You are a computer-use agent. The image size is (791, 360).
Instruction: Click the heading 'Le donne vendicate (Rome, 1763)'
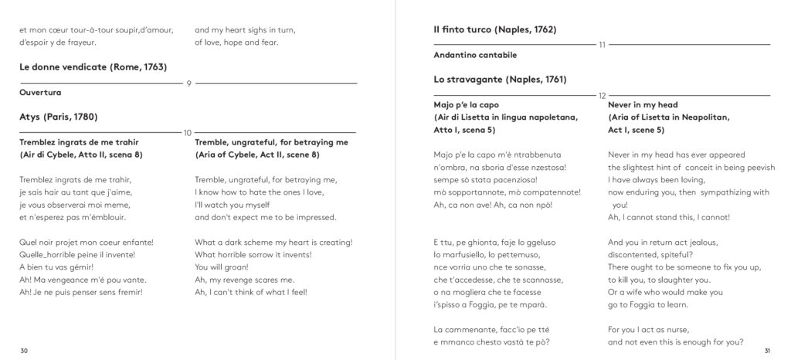tap(93, 67)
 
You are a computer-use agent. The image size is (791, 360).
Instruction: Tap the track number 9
tap(188, 83)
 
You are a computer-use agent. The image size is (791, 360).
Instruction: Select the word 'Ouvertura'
tap(40, 93)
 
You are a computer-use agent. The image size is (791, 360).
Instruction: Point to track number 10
tap(188, 132)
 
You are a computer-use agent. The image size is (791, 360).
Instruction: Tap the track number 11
tap(603, 45)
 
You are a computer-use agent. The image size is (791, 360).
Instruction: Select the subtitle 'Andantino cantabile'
tap(475, 55)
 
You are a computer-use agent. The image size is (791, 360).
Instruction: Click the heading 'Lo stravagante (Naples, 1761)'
tap(501, 80)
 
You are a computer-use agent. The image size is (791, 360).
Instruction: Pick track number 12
tap(603, 94)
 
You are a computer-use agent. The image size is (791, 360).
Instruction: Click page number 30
tap(24, 352)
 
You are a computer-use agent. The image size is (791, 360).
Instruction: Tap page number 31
tap(766, 352)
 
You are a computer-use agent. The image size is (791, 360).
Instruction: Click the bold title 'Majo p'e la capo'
tap(467, 104)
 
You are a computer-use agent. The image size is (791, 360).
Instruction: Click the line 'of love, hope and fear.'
tap(236, 42)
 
